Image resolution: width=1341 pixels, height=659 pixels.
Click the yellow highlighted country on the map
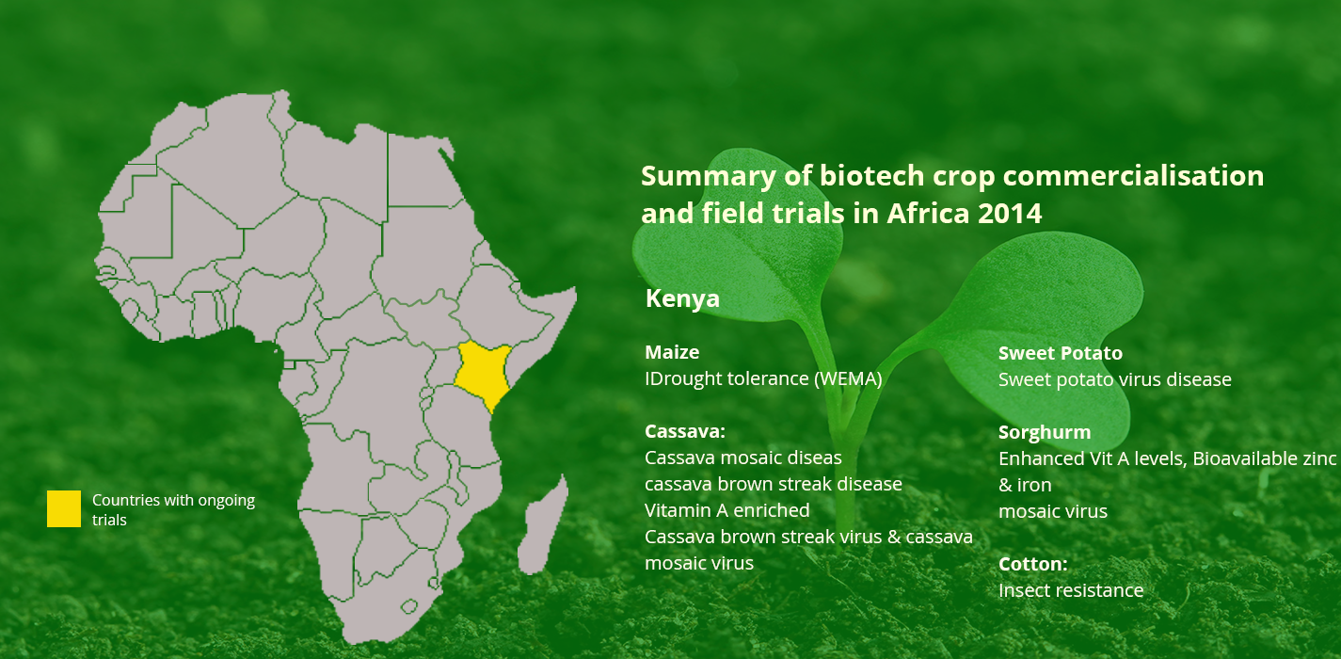(x=483, y=375)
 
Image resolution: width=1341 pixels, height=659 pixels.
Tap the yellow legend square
(x=64, y=508)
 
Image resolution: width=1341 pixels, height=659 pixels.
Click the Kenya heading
(x=682, y=299)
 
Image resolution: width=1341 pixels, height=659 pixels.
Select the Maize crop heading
(x=672, y=352)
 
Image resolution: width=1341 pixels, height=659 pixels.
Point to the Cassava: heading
(x=685, y=431)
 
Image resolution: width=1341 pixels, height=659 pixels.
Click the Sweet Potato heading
(x=1061, y=353)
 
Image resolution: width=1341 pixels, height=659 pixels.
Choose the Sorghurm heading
(x=1045, y=432)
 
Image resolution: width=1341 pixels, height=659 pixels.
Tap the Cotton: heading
(x=1032, y=564)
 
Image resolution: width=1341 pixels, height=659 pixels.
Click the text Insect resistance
(x=1071, y=590)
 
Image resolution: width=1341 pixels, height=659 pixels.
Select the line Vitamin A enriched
(x=726, y=510)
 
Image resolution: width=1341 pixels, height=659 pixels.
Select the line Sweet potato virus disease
(x=1115, y=379)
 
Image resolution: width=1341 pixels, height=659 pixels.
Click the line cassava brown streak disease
(x=773, y=484)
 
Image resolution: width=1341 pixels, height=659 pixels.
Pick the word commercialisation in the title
(x=1133, y=176)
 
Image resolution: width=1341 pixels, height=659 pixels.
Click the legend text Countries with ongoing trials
(x=173, y=510)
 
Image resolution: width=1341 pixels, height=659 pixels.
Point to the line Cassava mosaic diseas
(x=742, y=458)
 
